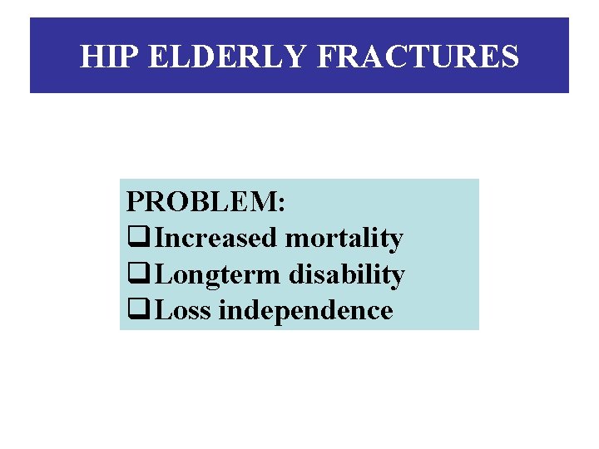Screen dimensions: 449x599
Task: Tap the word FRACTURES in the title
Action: pyautogui.click(x=418, y=57)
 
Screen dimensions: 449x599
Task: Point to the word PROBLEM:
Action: pyautogui.click(x=205, y=202)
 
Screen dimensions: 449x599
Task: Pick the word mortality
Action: pyautogui.click(x=344, y=239)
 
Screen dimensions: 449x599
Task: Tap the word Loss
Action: pyautogui.click(x=183, y=310)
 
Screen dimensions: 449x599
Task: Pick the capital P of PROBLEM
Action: pyautogui.click(x=135, y=202)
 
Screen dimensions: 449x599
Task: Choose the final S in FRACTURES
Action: pyautogui.click(x=509, y=57)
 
